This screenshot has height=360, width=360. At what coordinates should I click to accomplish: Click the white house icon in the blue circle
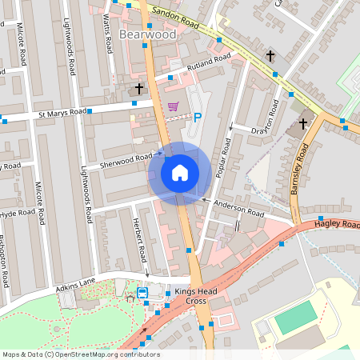[x=180, y=172]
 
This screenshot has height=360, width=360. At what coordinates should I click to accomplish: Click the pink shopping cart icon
[x=173, y=105]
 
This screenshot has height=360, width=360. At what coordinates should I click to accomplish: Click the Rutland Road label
[x=206, y=62]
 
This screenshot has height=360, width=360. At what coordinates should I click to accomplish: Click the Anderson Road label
[x=239, y=209]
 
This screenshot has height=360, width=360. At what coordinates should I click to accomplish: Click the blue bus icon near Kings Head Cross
[x=142, y=293]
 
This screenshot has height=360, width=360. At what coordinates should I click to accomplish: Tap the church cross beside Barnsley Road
[x=302, y=123]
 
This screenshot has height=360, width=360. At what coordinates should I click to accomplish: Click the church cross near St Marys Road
[x=139, y=87]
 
